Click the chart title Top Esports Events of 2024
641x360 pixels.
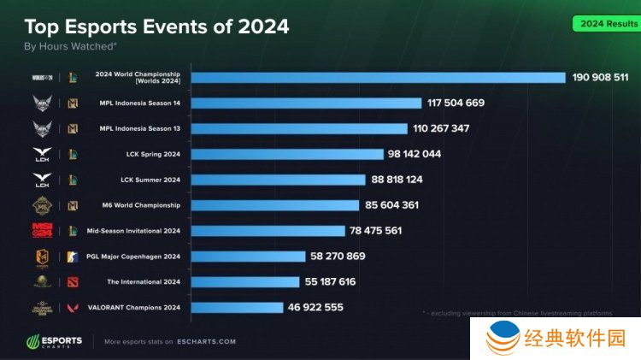click(156, 27)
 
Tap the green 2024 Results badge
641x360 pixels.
click(609, 23)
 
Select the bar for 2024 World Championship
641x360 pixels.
click(378, 78)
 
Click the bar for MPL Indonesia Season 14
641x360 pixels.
click(306, 103)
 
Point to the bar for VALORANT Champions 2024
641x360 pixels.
click(237, 307)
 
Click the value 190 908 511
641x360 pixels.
click(601, 78)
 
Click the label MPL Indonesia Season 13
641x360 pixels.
click(139, 129)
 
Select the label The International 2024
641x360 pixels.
click(144, 282)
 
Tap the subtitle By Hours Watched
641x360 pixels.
click(70, 47)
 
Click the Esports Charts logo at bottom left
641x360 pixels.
click(54, 341)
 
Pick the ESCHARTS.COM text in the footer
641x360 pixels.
click(207, 342)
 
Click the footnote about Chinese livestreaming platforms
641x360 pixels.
click(518, 314)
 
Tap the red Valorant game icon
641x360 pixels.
click(73, 308)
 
